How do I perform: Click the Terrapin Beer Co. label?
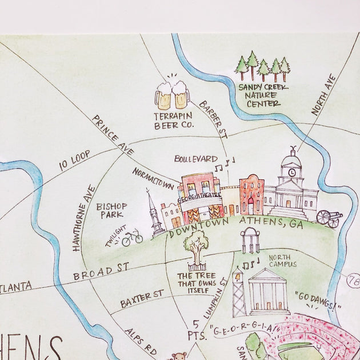click(x=174, y=119)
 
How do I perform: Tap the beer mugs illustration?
click(x=172, y=95)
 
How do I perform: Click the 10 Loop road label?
click(x=74, y=163)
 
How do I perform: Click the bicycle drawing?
click(x=132, y=237)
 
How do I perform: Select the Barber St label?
click(x=214, y=119)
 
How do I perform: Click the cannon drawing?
click(x=329, y=218)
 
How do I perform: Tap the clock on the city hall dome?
click(x=293, y=171)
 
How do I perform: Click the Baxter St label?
click(x=142, y=298)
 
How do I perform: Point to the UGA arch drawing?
click(x=250, y=240)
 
